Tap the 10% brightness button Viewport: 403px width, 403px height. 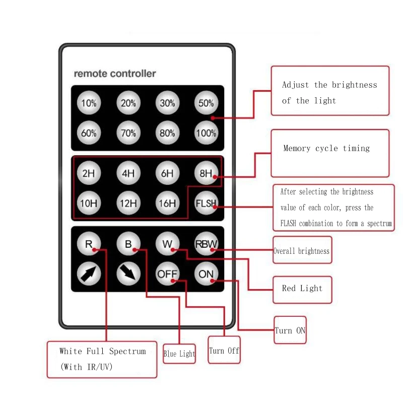coord(89,103)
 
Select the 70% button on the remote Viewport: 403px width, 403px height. coord(128,133)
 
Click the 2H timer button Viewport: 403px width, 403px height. coord(89,174)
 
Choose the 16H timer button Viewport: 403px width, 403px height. coord(167,204)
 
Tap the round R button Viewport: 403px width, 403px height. coord(89,245)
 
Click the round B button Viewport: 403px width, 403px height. coord(128,245)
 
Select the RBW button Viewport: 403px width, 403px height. coord(206,245)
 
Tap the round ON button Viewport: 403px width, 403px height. coord(206,274)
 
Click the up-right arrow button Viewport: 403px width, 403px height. coord(89,274)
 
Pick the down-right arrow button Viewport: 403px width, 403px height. coord(128,274)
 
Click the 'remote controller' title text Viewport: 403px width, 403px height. coord(115,74)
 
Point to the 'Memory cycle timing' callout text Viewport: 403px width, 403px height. coord(326,149)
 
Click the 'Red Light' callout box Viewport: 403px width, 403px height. coord(302,289)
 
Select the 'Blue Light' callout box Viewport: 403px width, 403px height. coord(179,354)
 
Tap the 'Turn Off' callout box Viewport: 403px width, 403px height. coord(224,351)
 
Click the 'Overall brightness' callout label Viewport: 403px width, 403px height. coord(301,251)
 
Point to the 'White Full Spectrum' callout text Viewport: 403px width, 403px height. coord(102,351)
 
